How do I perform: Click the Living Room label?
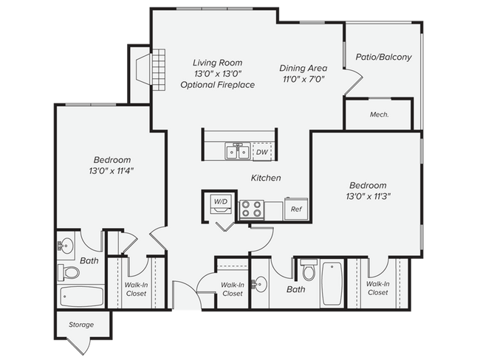[218, 63]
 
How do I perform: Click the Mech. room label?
[379, 114]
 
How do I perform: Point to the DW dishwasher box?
[261, 152]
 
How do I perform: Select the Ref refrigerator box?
[296, 210]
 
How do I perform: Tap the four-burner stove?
[251, 210]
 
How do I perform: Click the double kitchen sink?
[237, 152]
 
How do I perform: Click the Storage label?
[81, 325]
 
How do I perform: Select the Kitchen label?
[266, 178]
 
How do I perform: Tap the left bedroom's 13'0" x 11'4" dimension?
[112, 170]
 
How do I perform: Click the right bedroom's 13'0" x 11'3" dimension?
[367, 195]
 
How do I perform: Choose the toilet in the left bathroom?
[69, 272]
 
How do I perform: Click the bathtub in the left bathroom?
[81, 297]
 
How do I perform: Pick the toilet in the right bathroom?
[309, 274]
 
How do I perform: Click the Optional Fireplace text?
[218, 85]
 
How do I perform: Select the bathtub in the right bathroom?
[332, 284]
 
